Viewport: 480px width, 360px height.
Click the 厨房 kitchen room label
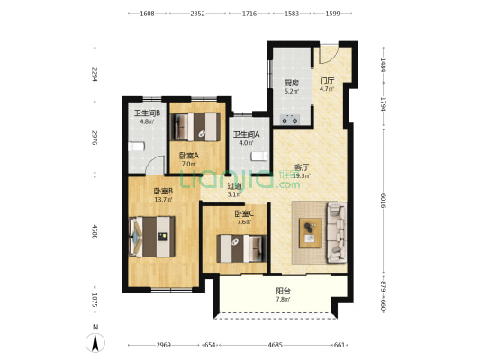(x=291, y=83)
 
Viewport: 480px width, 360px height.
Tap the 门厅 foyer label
(x=327, y=80)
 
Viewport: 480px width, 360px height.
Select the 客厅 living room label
(x=302, y=167)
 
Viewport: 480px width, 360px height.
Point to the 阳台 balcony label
(x=283, y=291)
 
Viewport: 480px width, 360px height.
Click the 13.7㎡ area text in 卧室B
(x=163, y=200)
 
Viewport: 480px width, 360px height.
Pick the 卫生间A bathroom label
(x=247, y=134)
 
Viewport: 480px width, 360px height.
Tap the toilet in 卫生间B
(x=136, y=147)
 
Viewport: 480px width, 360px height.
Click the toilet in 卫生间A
(x=259, y=156)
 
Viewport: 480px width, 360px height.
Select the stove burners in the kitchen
(x=290, y=120)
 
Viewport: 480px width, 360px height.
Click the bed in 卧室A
(x=195, y=127)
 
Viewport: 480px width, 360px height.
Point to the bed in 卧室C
(x=242, y=248)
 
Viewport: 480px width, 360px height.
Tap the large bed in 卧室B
(x=152, y=237)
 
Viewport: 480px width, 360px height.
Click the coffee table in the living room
(x=310, y=233)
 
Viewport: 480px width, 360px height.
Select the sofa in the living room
(x=337, y=232)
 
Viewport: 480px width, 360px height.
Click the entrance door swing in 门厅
(x=328, y=55)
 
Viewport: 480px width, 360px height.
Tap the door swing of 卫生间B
(x=156, y=166)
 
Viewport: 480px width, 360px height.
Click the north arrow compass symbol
(x=95, y=342)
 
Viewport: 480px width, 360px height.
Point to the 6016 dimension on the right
(x=383, y=201)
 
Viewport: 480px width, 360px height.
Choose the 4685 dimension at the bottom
(x=276, y=345)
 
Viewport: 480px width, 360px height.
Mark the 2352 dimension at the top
(x=197, y=13)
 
